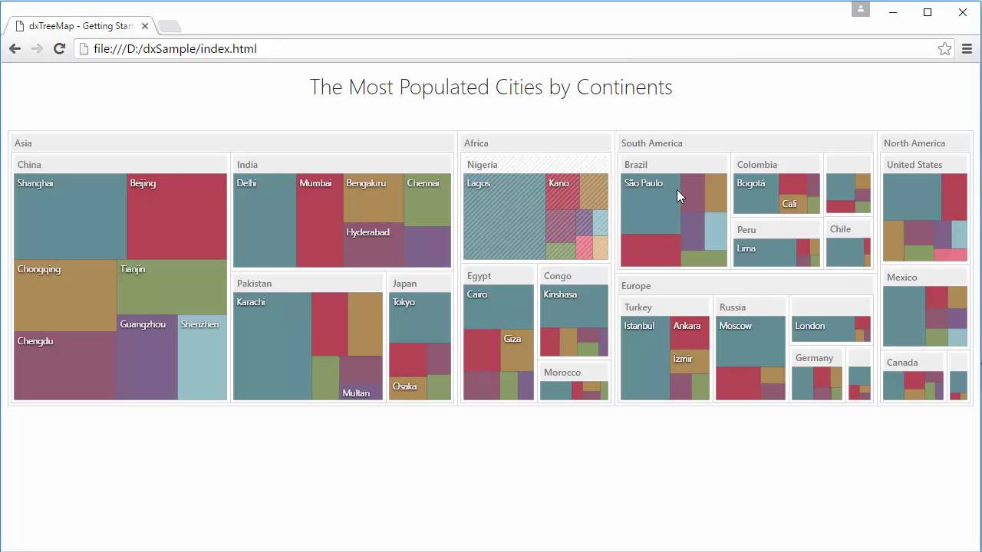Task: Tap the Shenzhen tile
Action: coord(202,356)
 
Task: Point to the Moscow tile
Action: coord(750,342)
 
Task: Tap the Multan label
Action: coord(356,393)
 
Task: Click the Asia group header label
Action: coord(23,143)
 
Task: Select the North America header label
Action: coord(914,143)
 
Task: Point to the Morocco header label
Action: coord(562,373)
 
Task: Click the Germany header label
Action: coord(814,358)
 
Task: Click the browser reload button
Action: coord(59,49)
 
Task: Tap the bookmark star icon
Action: coord(944,49)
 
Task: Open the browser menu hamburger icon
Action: coord(967,49)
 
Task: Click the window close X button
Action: coord(963,12)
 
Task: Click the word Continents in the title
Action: coord(624,87)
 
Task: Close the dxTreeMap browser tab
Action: coord(145,26)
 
